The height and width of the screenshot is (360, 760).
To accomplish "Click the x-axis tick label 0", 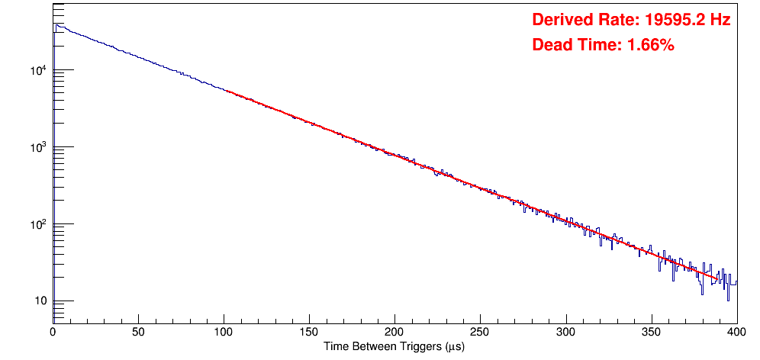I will pyautogui.click(x=52, y=332).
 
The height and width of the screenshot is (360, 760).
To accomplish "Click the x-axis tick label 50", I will pyautogui.click(x=138, y=332).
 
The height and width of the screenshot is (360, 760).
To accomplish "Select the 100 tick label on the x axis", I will pyautogui.click(x=224, y=332).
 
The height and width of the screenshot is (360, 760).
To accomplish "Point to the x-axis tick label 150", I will pyautogui.click(x=309, y=332).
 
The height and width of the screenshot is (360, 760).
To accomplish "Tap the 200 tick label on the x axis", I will pyautogui.click(x=394, y=332).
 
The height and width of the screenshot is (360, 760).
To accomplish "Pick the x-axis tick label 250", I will pyautogui.click(x=480, y=332).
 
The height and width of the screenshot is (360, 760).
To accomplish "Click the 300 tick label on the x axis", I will pyautogui.click(x=565, y=332).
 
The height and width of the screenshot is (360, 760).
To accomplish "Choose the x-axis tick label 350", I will pyautogui.click(x=651, y=332).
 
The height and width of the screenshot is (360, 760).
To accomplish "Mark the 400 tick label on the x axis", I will pyautogui.click(x=736, y=332).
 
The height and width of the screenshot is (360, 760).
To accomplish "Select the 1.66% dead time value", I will pyautogui.click(x=650, y=46).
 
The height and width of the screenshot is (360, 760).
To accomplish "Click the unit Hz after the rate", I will pyautogui.click(x=720, y=21).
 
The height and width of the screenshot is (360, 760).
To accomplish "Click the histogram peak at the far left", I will pyautogui.click(x=56, y=24).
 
